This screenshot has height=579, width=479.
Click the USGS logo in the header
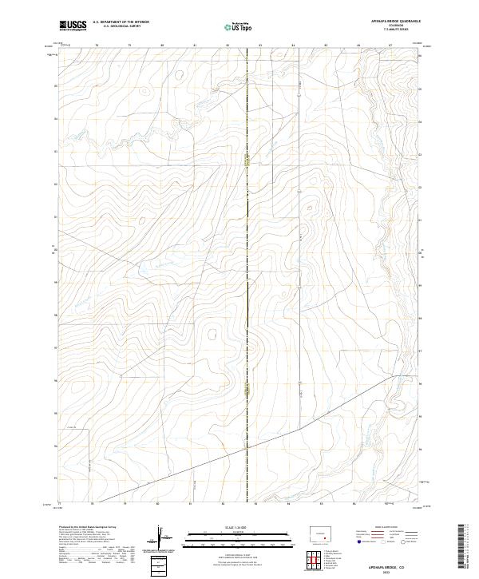tap(73, 26)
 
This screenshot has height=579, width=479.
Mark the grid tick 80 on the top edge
tap(162, 46)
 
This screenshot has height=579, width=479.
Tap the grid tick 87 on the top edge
tap(390, 46)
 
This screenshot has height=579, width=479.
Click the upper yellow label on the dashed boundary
tap(247, 161)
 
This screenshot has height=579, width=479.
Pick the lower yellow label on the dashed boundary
tap(247, 389)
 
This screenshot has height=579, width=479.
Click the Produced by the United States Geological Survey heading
tap(89, 528)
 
